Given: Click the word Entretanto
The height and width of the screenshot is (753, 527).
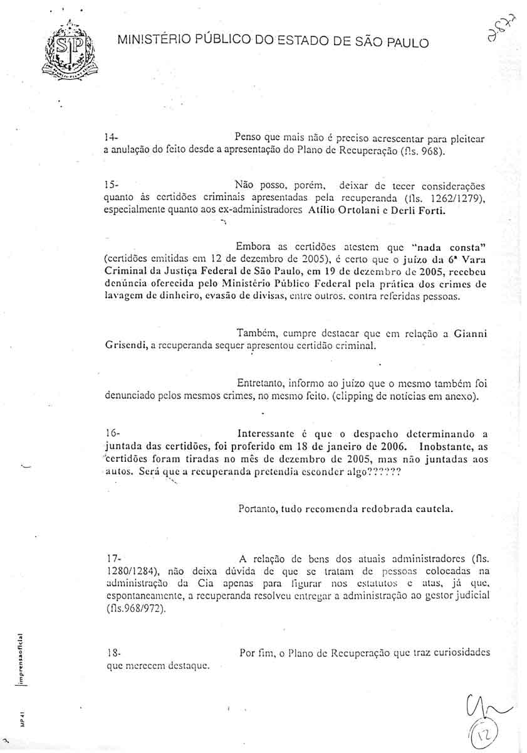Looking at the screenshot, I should tap(261, 382).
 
